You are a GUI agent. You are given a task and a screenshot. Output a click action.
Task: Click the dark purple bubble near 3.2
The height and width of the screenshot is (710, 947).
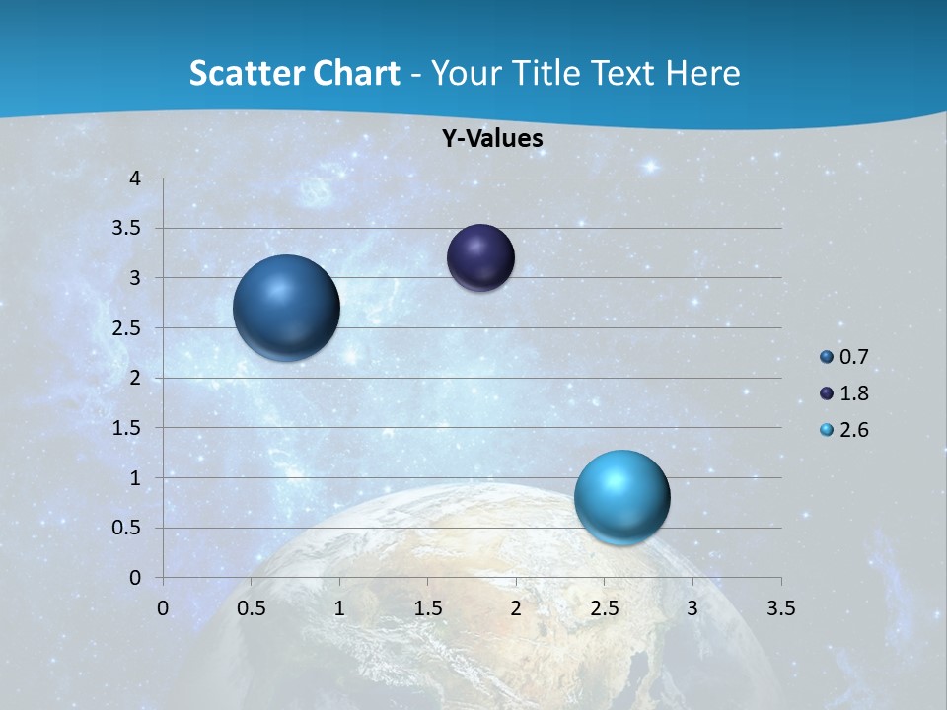pyautogui.click(x=480, y=258)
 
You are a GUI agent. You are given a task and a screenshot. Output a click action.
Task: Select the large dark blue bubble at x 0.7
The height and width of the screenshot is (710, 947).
pyautogui.click(x=287, y=308)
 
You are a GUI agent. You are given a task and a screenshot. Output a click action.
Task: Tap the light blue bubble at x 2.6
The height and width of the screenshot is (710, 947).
pyautogui.click(x=621, y=497)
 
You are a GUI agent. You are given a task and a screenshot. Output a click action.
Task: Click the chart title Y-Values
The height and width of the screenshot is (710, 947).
pyautogui.click(x=492, y=139)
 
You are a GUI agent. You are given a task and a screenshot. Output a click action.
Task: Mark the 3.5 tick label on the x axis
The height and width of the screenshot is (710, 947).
pyautogui.click(x=780, y=608)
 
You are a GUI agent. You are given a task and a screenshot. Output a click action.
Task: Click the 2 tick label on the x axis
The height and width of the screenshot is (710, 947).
pyautogui.click(x=516, y=608)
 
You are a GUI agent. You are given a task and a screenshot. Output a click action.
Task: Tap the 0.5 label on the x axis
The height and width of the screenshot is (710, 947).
pyautogui.click(x=251, y=608)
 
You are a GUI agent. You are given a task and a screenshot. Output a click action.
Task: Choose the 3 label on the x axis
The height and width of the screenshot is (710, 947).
pyautogui.click(x=692, y=608)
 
